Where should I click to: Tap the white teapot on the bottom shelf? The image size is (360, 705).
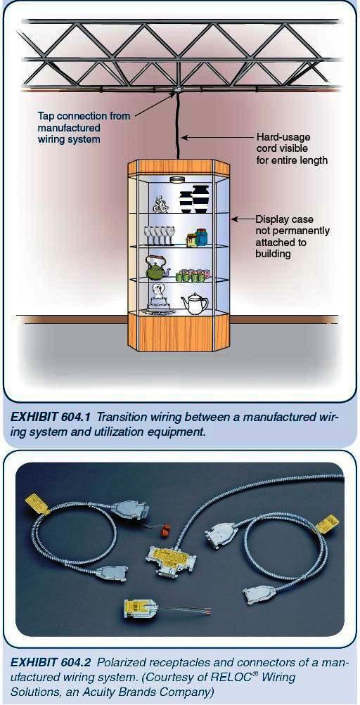(x=194, y=303)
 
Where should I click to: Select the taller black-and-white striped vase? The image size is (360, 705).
(x=200, y=198)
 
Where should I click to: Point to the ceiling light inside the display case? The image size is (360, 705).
(x=180, y=179)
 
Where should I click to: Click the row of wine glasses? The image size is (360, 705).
(x=159, y=235)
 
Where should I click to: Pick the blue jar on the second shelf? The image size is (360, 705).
(x=202, y=235)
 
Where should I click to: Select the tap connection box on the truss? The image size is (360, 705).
(x=180, y=89)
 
